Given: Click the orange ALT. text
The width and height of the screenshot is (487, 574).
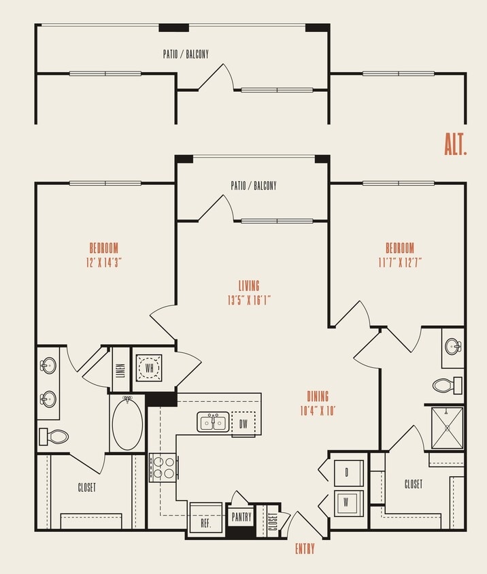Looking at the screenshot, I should click(x=455, y=144).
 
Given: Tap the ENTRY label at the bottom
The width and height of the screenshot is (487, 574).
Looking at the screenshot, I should click(x=304, y=548).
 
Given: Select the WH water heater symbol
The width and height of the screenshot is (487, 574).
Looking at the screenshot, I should click(x=148, y=367).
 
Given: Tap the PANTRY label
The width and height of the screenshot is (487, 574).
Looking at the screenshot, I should click(x=241, y=517).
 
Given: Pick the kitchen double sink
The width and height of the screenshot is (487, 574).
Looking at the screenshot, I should click(x=213, y=422).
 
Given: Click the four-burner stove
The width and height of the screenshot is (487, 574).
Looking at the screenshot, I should click(x=163, y=467).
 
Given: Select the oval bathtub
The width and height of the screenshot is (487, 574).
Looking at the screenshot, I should click(x=127, y=424).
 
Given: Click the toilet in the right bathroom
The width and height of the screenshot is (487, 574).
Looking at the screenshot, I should click(x=447, y=385).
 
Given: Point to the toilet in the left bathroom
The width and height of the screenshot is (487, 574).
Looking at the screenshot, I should click(x=54, y=436).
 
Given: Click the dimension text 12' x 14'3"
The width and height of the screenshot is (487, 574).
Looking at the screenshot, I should click(x=104, y=261).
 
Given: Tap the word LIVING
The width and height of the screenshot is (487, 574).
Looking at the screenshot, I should click(x=249, y=286).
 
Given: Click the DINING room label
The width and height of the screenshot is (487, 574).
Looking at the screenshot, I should click(x=318, y=396).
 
